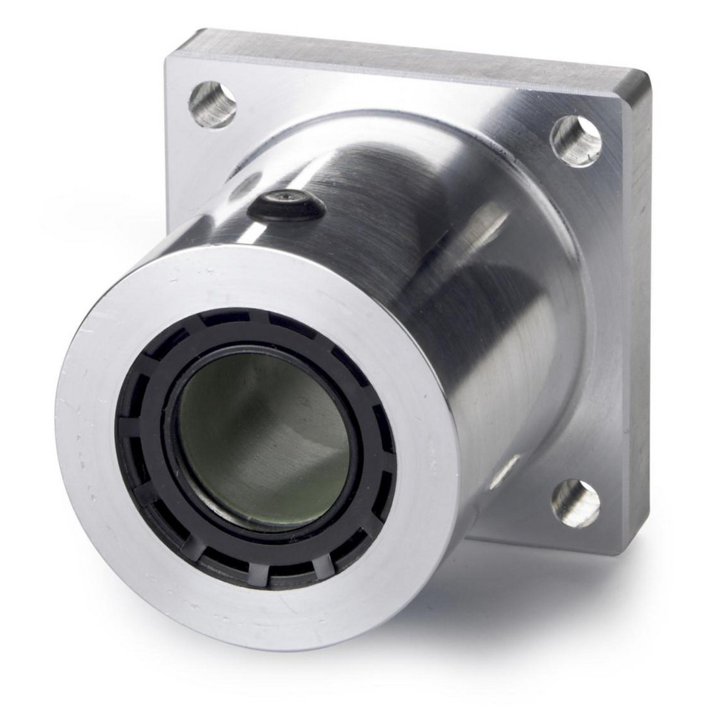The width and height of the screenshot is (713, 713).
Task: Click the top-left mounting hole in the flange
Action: point(212,104)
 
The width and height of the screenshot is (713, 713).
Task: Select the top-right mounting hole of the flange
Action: point(576,140)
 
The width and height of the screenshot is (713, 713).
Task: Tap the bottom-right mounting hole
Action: point(576,503)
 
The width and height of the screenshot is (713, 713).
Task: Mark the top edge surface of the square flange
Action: point(399,50)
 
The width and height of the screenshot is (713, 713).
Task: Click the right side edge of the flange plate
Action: point(639,321)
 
